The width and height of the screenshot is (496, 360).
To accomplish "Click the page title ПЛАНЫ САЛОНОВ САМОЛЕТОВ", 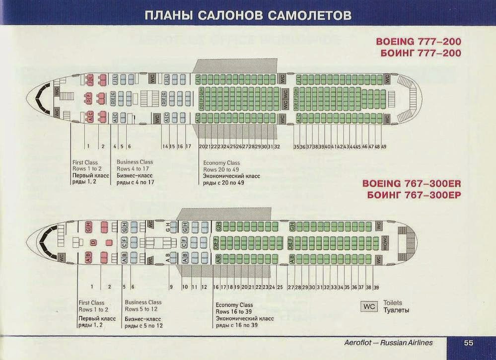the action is pyautogui.click(x=248, y=15).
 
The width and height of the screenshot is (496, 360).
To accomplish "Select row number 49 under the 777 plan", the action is pyautogui.click(x=384, y=147).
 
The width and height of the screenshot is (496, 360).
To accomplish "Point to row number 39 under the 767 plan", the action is pyautogui.click(x=376, y=288).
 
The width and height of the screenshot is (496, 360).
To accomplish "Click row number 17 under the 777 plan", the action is pyautogui.click(x=188, y=147).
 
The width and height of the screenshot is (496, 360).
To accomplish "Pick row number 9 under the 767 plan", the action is pyautogui.click(x=171, y=287).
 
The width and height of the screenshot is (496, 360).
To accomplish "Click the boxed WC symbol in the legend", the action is pyautogui.click(x=369, y=306).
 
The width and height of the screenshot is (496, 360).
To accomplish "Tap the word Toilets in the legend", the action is pyautogui.click(x=393, y=303).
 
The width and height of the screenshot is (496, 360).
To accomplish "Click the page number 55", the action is pyautogui.click(x=469, y=343).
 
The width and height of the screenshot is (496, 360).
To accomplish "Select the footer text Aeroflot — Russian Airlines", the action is pyautogui.click(x=388, y=343).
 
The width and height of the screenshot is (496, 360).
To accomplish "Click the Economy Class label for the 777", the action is pyautogui.click(x=221, y=163).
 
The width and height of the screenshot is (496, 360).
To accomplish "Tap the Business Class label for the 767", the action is pyautogui.click(x=143, y=302).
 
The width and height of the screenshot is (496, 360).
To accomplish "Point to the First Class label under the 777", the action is pyautogui.click(x=85, y=162).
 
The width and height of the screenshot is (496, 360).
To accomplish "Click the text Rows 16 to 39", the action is pyautogui.click(x=234, y=311).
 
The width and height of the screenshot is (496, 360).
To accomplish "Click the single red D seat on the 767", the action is pyautogui.click(x=92, y=242).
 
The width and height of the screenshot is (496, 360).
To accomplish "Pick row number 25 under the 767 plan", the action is pyautogui.click(x=280, y=288).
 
